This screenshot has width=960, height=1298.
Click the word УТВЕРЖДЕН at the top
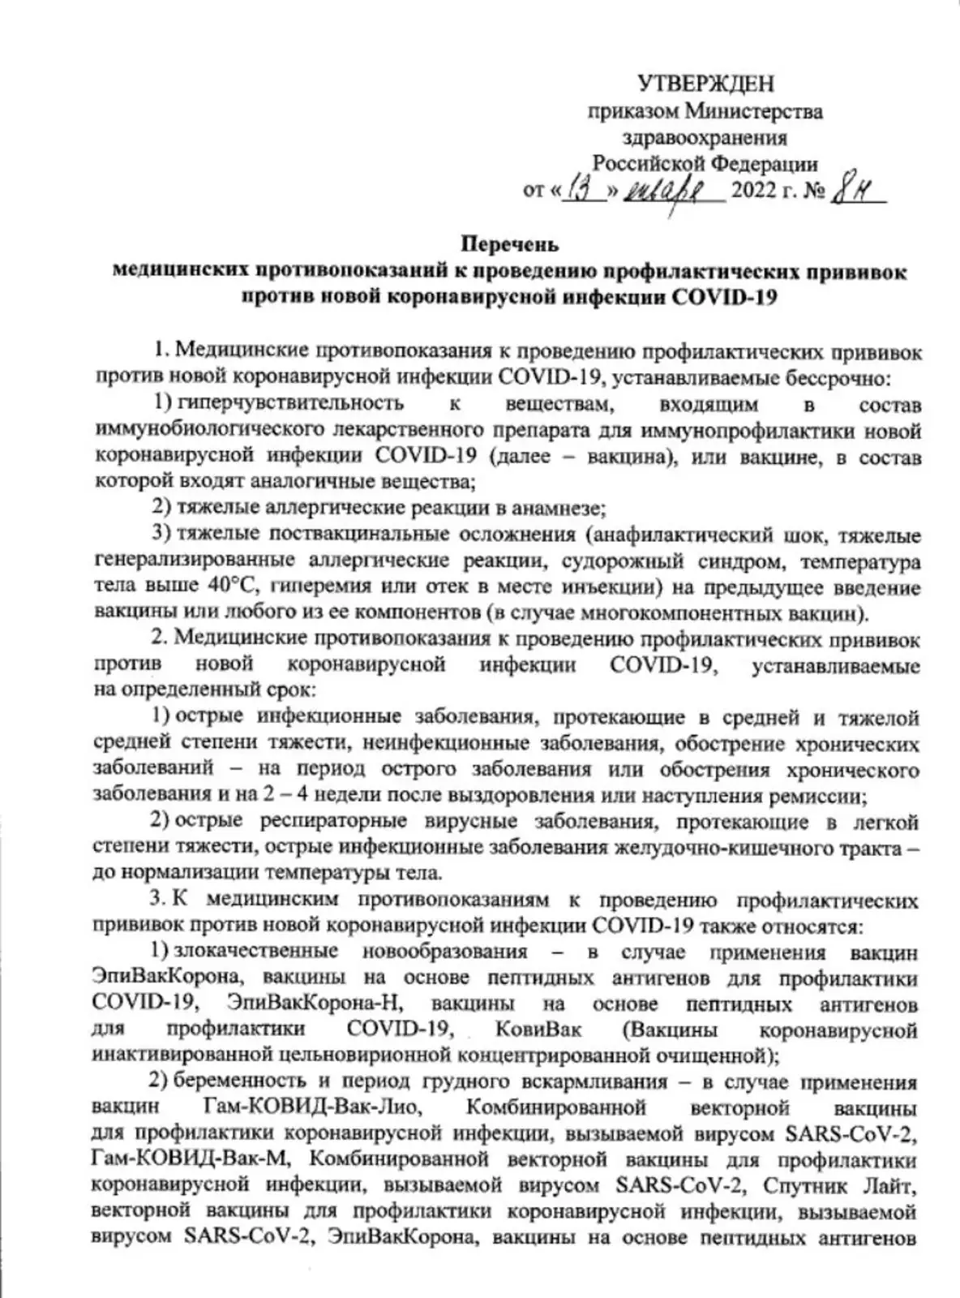[705, 83]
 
